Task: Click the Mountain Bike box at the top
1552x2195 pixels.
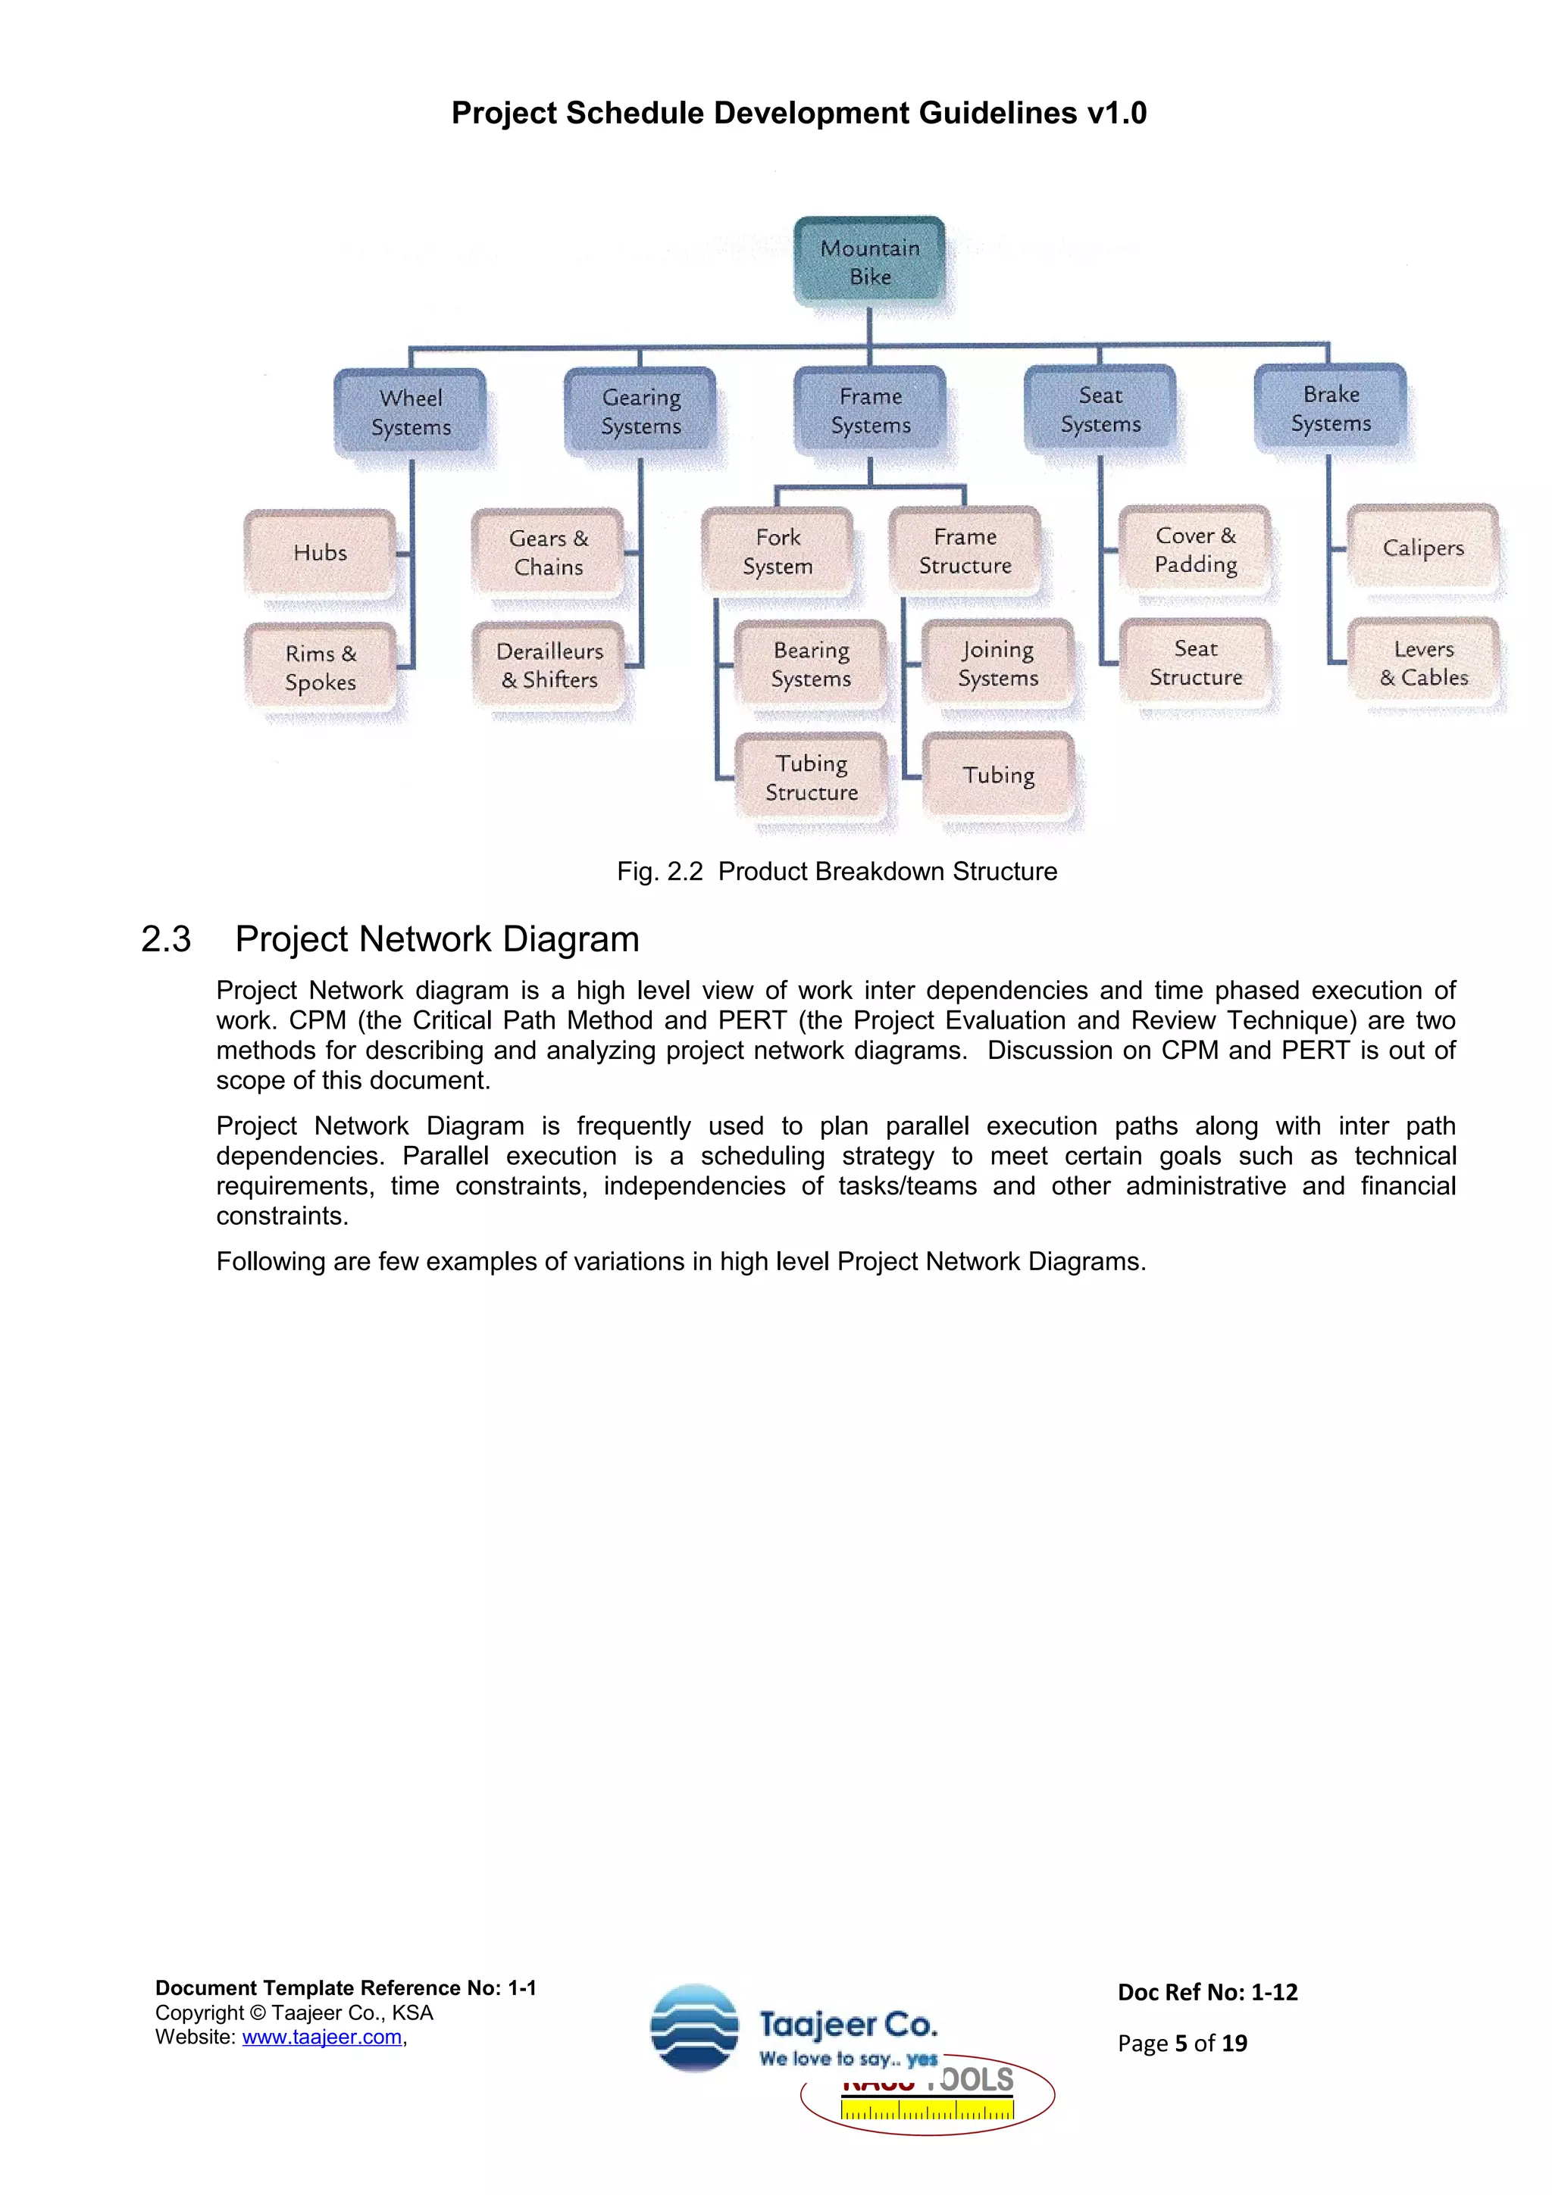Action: (869, 261)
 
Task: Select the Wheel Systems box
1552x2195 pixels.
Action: (410, 412)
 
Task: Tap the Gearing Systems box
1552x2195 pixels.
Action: (640, 411)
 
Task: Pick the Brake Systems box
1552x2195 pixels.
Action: (1330, 408)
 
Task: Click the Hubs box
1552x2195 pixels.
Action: (321, 553)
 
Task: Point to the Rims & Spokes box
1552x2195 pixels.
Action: (321, 667)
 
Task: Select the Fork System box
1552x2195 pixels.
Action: (778, 551)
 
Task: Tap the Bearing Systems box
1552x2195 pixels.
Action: (811, 664)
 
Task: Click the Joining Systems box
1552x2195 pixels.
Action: (997, 663)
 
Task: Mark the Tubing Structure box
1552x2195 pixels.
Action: (811, 777)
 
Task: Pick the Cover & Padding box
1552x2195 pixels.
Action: (1195, 550)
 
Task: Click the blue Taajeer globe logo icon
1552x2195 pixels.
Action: (694, 2028)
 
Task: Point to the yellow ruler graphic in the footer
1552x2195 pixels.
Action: (927, 2109)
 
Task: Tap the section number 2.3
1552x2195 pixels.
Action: (167, 940)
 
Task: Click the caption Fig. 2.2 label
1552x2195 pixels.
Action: (660, 872)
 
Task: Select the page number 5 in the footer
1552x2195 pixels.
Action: (1181, 2043)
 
